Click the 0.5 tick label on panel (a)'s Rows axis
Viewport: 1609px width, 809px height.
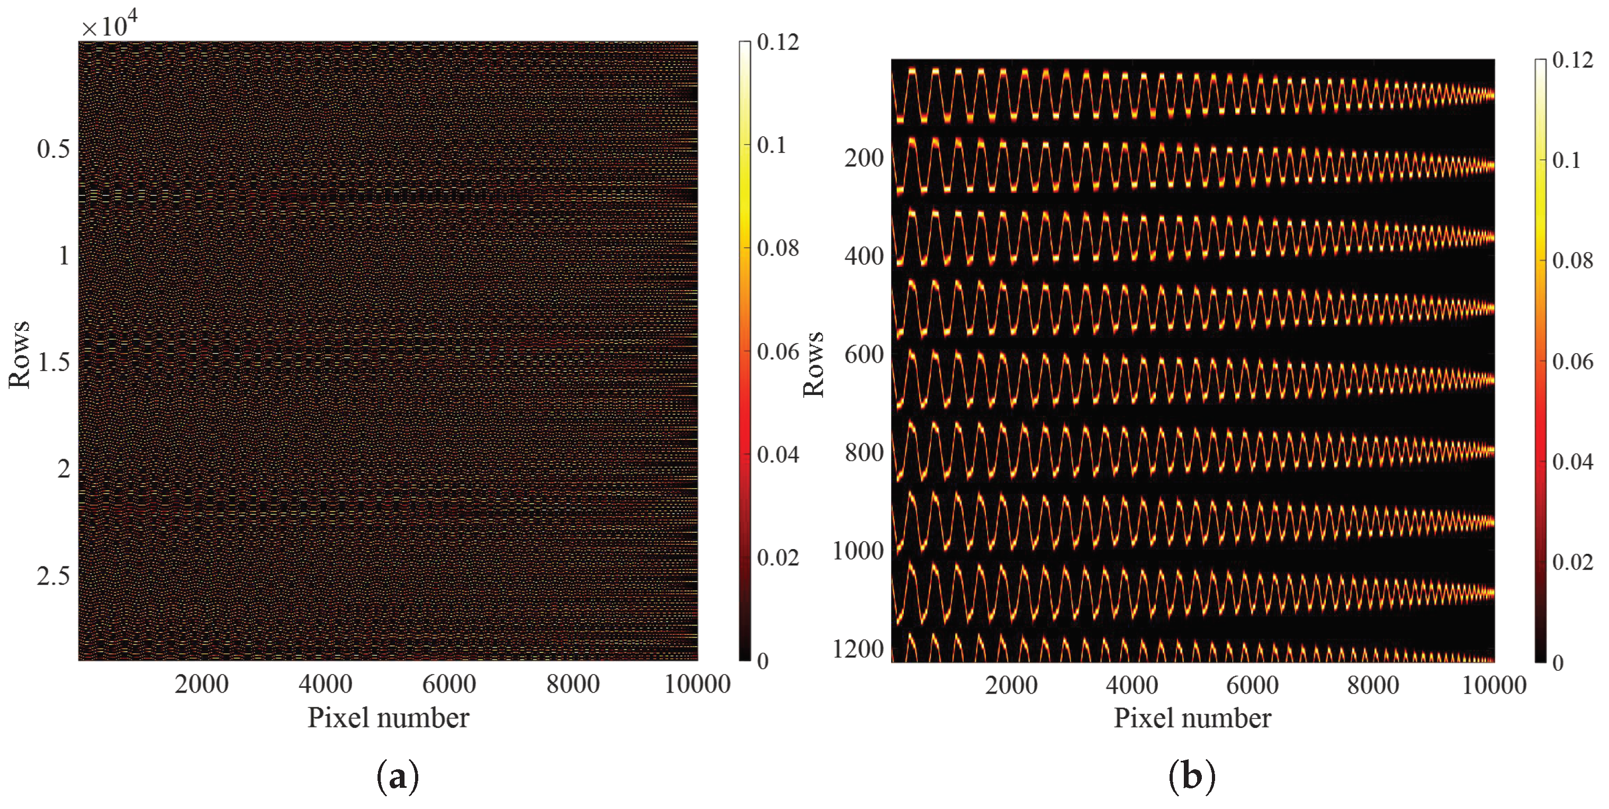point(53,149)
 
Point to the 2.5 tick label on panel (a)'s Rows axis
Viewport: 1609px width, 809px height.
point(53,576)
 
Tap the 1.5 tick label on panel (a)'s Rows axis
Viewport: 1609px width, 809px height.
point(53,362)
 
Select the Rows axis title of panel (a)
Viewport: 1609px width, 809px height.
point(19,354)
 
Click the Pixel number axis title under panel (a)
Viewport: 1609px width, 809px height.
point(388,718)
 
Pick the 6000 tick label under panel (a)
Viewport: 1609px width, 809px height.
point(449,685)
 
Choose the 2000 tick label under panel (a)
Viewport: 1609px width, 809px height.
point(202,685)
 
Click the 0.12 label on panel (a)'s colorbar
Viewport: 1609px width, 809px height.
point(778,42)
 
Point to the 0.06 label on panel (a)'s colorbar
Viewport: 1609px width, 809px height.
point(778,352)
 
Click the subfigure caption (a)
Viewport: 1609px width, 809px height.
point(398,777)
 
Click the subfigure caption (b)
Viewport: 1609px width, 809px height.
point(1192,777)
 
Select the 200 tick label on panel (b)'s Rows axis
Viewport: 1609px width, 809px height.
point(864,158)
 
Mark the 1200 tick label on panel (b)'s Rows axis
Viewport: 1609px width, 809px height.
point(858,650)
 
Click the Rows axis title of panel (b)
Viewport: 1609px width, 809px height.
point(813,364)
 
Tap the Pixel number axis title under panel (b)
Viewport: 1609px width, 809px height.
point(1192,718)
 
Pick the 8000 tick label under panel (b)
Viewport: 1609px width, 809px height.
point(1373,685)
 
